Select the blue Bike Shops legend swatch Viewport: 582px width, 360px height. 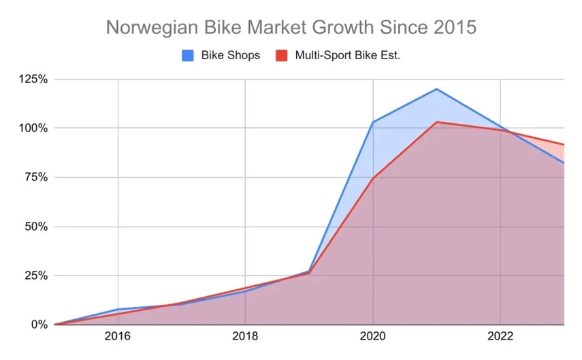tap(188, 55)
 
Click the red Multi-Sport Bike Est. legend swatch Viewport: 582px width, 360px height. tap(282, 55)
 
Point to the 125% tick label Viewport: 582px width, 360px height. tap(33, 79)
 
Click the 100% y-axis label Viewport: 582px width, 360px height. tap(33, 129)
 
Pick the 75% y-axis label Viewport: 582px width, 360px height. tap(36, 178)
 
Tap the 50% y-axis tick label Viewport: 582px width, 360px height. tap(36, 227)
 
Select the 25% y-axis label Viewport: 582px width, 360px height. tap(36, 276)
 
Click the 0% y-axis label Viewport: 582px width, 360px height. tap(39, 325)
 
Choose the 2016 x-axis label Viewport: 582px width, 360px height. tap(118, 336)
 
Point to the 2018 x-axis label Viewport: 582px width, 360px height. tap(245, 336)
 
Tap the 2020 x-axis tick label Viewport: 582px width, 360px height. tap(372, 336)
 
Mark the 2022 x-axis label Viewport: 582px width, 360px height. tap(500, 336)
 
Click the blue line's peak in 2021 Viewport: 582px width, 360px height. tap(436, 89)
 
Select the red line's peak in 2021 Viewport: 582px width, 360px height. tap(436, 122)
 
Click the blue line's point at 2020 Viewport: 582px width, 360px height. tap(372, 122)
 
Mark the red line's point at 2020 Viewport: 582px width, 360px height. tap(372, 178)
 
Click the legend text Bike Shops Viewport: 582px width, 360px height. tap(231, 55)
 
